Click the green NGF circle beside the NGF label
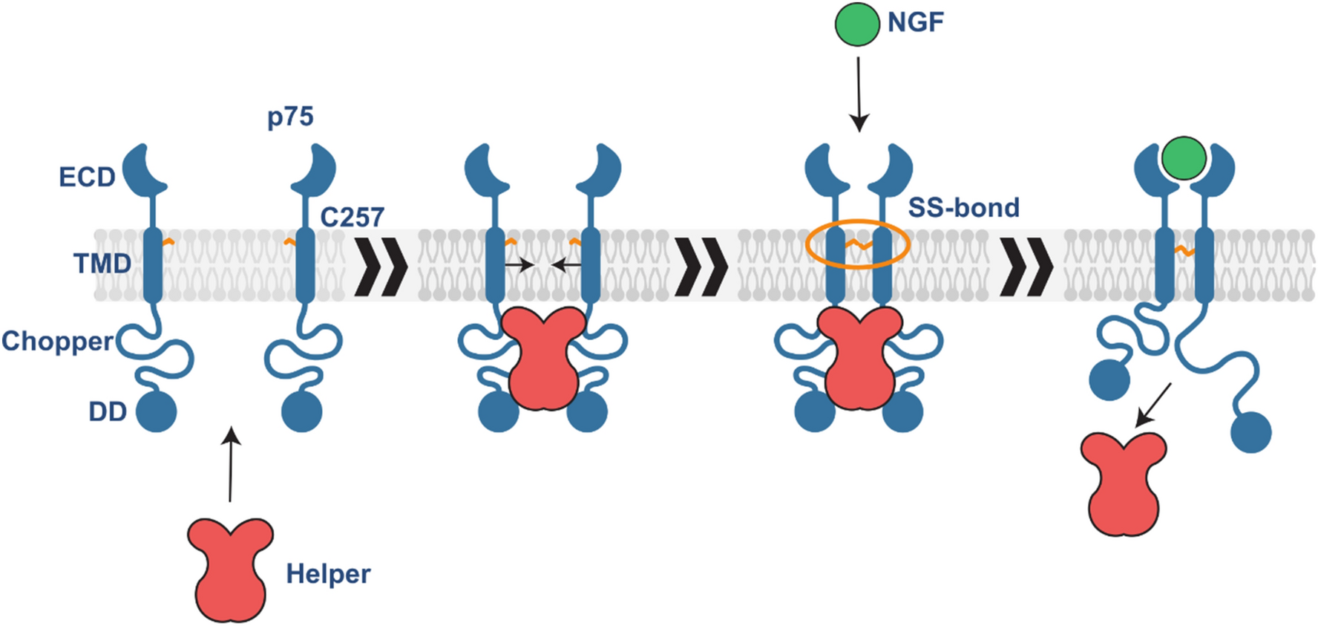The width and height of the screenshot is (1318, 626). [857, 24]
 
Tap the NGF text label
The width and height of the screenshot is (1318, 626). [916, 22]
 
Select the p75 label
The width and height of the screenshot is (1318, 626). [290, 117]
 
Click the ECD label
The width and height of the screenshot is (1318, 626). [87, 177]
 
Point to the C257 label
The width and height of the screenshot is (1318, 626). [352, 217]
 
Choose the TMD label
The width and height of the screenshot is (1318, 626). [102, 263]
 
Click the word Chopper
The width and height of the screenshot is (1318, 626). [57, 341]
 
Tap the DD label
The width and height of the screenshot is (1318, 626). [108, 411]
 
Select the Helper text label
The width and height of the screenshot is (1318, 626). [328, 574]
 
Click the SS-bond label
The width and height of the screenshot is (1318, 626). [963, 208]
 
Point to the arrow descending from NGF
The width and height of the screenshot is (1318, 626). [859, 94]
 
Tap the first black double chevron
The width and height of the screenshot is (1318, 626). [381, 267]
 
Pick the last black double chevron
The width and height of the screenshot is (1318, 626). [1026, 267]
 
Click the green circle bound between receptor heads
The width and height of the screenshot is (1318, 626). [1184, 158]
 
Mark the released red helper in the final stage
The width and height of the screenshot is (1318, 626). [1124, 484]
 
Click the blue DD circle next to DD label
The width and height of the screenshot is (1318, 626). [156, 411]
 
